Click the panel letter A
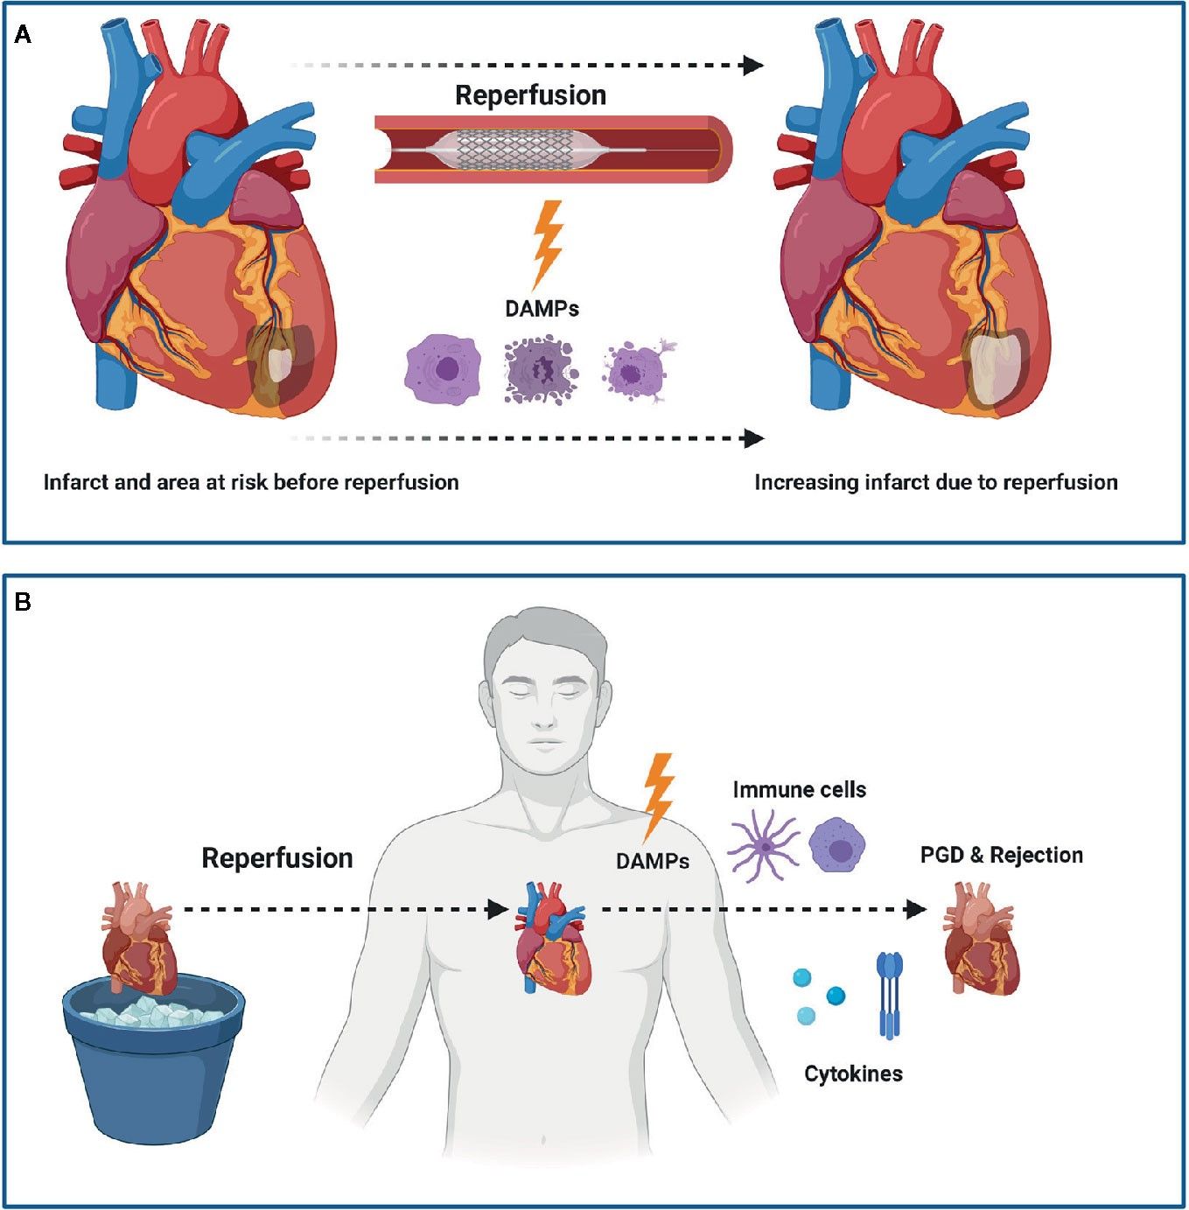23,35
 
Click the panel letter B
23,602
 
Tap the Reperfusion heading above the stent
530,95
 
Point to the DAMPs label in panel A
542,308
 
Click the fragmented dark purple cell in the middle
540,371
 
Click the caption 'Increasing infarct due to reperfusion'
935,482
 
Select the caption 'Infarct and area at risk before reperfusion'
251,482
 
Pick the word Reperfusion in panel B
277,858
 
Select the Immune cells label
799,790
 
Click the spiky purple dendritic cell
763,845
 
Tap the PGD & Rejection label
1001,855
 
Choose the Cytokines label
853,1074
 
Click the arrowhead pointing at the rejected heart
917,910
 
